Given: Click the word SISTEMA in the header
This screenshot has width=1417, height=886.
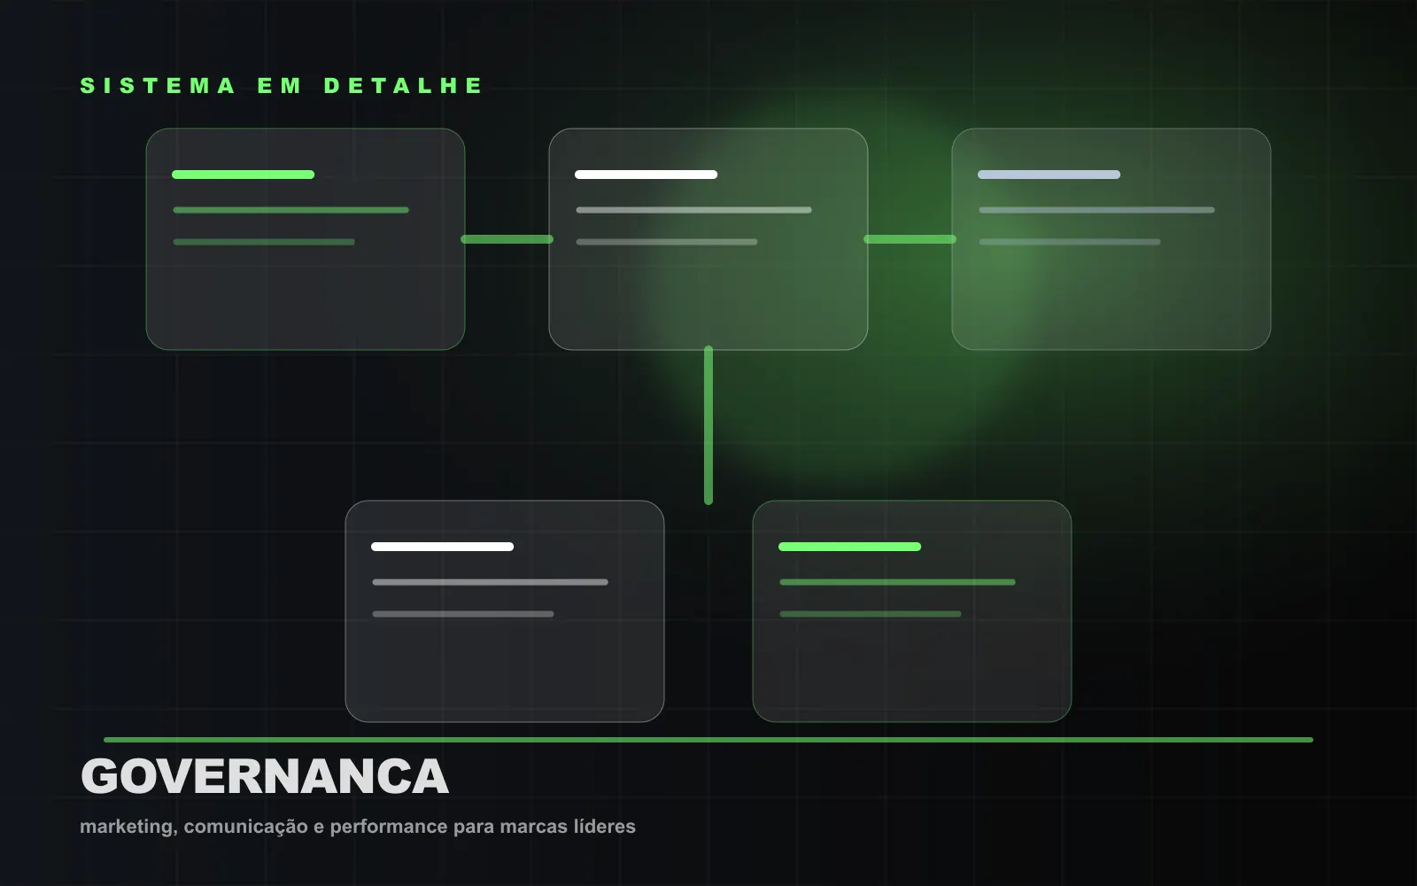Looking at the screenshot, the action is (158, 86).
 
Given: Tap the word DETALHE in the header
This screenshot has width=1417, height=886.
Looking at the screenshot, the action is (403, 86).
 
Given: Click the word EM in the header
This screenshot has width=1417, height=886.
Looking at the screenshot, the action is (279, 86).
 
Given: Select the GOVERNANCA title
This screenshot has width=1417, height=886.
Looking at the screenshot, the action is (265, 776).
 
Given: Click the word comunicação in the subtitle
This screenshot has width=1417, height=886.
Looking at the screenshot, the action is (245, 828).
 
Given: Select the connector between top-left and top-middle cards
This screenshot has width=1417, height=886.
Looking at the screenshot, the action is (507, 239).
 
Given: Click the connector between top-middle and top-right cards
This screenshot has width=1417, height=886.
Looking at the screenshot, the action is (910, 239).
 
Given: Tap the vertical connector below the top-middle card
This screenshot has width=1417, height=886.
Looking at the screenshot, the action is (708, 424).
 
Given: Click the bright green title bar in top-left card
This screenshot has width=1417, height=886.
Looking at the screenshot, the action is (243, 175).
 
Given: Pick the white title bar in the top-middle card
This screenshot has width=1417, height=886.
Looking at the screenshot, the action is (646, 175).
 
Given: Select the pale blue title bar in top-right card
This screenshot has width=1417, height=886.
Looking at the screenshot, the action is (1049, 175).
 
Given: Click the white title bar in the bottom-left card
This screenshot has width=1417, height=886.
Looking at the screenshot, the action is (442, 547).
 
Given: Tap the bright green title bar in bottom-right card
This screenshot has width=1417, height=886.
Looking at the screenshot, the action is (849, 547).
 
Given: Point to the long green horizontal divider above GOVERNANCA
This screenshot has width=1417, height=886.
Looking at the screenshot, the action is (708, 740).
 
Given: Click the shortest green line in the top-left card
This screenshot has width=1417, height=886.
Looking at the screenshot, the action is (264, 242).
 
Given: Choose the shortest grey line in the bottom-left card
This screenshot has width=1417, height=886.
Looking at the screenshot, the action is (463, 614).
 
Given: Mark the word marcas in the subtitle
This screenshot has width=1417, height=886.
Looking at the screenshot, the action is (533, 828).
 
